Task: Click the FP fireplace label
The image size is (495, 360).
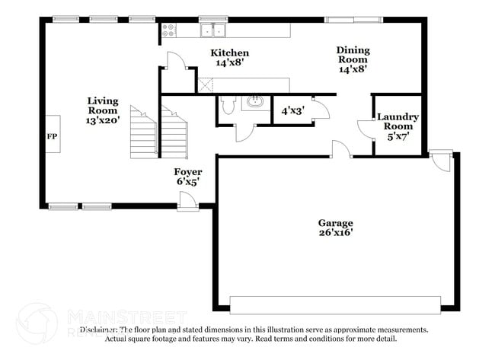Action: coord(52,137)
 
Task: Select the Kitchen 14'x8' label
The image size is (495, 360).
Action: coord(229,58)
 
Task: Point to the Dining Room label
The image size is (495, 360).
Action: coord(353,59)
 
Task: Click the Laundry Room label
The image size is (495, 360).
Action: coord(398,126)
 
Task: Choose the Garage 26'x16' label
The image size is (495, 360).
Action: coord(335,228)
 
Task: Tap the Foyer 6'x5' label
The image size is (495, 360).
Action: coord(188,177)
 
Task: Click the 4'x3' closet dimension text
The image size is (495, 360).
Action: coord(292,110)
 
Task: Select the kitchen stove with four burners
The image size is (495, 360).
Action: coord(169,30)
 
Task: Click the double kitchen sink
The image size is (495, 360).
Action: coord(213,30)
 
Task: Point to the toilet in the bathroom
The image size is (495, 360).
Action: coord(227,105)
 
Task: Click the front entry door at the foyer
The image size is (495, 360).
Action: coord(187,200)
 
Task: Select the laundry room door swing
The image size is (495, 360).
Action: coord(365,129)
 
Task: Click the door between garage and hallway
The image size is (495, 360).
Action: coord(340,149)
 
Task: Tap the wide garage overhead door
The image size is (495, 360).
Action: coord(335,304)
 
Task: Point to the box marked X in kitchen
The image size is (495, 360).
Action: coord(205,84)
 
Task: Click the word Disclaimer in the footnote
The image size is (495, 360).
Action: coord(101,330)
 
